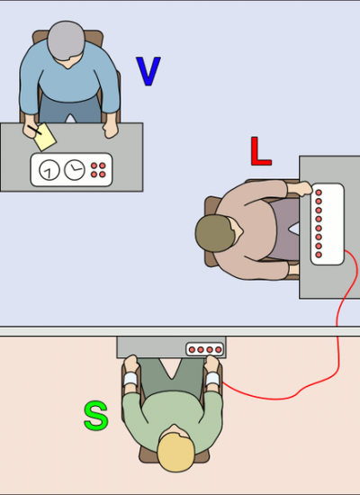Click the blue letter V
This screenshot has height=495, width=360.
point(148,71)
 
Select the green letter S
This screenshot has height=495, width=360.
point(96,416)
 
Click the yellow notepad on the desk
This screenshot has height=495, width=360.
point(45,137)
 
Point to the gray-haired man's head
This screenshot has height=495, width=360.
point(66,40)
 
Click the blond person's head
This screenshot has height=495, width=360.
point(175,452)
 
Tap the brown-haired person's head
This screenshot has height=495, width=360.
point(215,233)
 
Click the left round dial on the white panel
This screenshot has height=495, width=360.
point(49,170)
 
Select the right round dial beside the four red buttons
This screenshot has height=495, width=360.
point(75,169)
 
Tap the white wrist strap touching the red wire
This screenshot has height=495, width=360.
point(212,379)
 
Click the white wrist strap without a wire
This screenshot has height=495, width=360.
point(130,379)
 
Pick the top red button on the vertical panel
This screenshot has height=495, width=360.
point(319,193)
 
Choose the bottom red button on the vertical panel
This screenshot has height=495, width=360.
point(319,255)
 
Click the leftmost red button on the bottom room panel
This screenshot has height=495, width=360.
point(192,350)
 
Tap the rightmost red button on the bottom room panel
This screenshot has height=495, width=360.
point(218,350)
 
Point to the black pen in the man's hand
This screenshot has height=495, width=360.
point(34,130)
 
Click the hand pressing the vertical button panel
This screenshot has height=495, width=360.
point(301,188)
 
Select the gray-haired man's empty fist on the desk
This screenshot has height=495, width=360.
point(110,130)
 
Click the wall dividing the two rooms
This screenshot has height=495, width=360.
point(180,331)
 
